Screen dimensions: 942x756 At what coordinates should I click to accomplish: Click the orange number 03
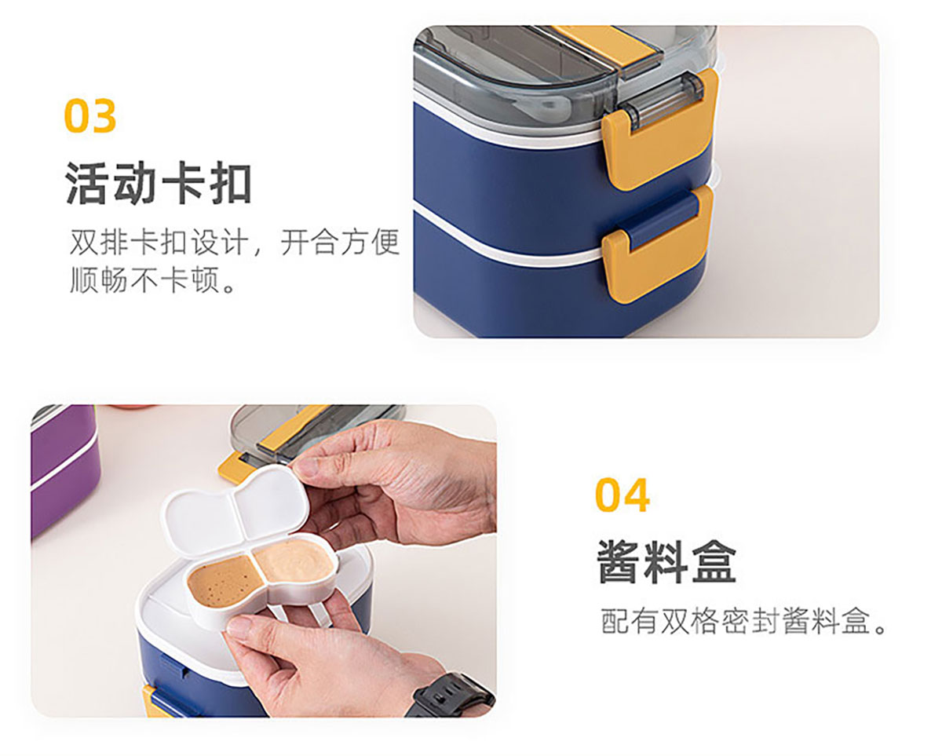click(90, 115)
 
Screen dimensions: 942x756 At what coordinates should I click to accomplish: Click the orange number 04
click(622, 495)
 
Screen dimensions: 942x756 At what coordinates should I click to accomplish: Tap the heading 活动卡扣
click(159, 183)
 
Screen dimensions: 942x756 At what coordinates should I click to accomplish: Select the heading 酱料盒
click(666, 561)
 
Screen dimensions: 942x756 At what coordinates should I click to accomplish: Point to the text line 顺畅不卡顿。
click(154, 279)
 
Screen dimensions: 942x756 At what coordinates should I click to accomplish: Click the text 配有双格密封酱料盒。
click(743, 621)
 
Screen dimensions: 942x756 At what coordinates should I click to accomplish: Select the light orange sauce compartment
click(294, 561)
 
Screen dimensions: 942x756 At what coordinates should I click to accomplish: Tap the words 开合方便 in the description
click(340, 242)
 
